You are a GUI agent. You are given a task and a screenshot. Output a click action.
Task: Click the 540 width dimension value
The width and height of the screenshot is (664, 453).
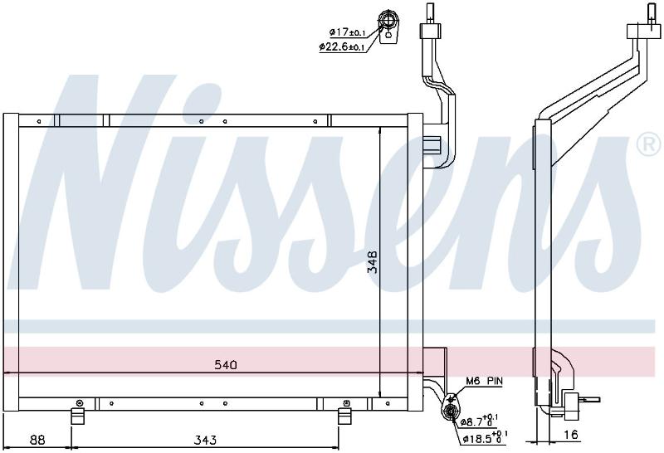(x=225, y=364)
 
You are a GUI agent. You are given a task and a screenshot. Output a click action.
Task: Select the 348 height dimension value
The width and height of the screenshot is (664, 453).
(x=373, y=261)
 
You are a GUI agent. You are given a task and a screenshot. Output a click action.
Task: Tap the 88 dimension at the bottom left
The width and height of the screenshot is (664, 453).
(x=37, y=440)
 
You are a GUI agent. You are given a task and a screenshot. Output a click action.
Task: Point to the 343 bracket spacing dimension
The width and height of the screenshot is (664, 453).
(x=205, y=440)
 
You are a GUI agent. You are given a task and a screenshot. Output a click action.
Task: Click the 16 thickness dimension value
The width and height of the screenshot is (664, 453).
(x=571, y=435)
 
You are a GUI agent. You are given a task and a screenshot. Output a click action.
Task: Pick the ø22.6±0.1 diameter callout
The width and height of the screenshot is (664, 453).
(x=342, y=46)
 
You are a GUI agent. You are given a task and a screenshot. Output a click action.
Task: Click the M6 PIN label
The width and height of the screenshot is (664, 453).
(x=485, y=381)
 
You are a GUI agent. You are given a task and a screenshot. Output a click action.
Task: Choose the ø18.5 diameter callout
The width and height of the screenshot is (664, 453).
(x=485, y=438)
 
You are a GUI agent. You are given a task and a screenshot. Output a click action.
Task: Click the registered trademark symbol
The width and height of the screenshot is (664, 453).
(x=648, y=144)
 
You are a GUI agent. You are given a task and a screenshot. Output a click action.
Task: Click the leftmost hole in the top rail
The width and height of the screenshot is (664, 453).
(x=39, y=121)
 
